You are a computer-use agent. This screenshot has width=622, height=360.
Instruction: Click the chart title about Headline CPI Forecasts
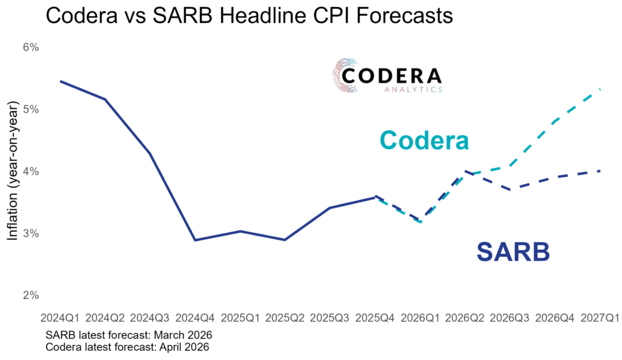pos(249,16)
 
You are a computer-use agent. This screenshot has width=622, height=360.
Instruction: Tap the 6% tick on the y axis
pos(29,47)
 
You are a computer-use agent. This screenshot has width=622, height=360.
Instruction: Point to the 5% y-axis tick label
pos(29,109)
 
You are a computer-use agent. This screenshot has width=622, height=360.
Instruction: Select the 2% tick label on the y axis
pos(29,295)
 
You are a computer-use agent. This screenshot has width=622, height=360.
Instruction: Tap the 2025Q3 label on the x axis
pos(330,318)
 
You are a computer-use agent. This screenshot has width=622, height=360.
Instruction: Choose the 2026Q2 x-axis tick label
pos(465,318)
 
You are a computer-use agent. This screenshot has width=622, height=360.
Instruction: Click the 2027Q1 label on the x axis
pos(600,318)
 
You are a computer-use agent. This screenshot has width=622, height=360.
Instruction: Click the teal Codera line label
pos(424,140)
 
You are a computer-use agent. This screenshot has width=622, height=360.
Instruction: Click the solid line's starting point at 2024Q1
pos(60,81)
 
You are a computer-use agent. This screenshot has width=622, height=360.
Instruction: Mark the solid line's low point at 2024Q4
pos(195,240)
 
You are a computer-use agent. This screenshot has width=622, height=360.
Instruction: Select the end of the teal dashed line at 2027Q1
pos(600,89)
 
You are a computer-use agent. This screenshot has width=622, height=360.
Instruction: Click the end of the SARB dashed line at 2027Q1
pos(600,170)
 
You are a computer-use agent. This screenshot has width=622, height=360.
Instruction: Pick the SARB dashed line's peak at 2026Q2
pos(465,171)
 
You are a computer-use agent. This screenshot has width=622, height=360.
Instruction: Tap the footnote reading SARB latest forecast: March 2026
pos(129,335)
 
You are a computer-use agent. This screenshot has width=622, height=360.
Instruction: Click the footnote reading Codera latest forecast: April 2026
pos(127,347)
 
